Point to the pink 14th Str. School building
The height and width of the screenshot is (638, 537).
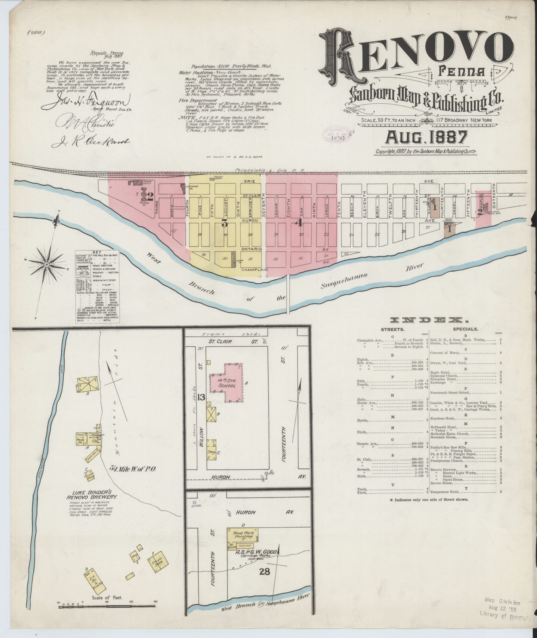click(x=227, y=383)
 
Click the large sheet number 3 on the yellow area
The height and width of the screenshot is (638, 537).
click(x=225, y=223)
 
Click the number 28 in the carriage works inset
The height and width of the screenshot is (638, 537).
click(x=265, y=571)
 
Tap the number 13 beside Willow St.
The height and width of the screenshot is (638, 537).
click(x=201, y=397)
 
